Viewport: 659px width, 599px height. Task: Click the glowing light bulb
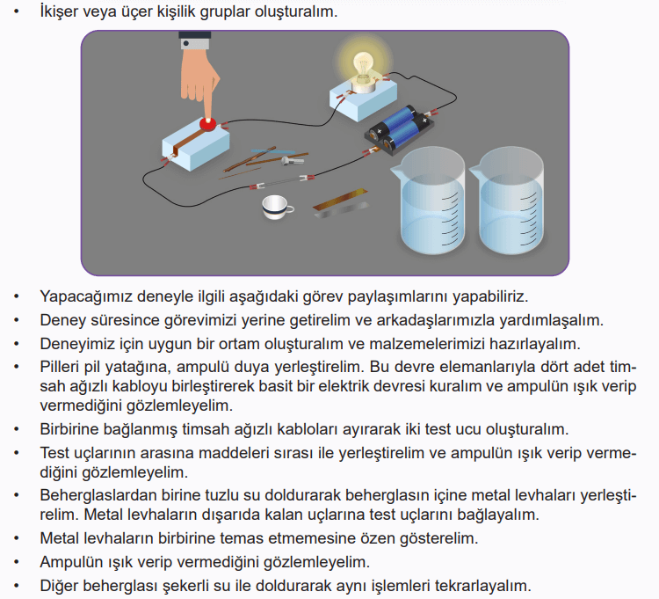[362, 66]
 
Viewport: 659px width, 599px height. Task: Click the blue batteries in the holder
[401, 127]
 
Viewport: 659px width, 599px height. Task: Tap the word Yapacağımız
[85, 296]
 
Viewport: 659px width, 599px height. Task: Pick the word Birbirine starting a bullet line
[74, 429]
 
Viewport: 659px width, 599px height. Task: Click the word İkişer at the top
[62, 13]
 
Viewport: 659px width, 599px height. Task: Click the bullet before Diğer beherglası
[16, 585]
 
